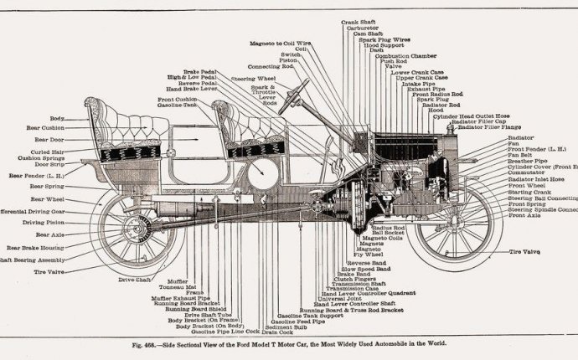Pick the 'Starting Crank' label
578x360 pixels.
529,192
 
